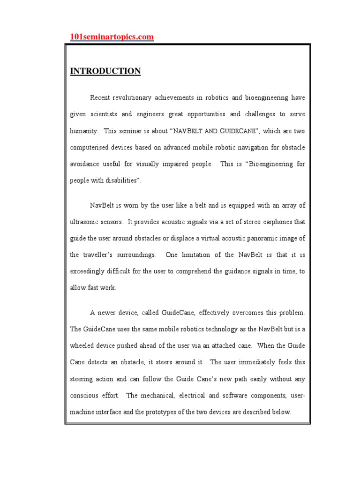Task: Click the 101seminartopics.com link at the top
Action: (112, 37)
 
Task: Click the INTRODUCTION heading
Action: (105, 71)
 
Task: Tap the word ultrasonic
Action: (87, 221)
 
